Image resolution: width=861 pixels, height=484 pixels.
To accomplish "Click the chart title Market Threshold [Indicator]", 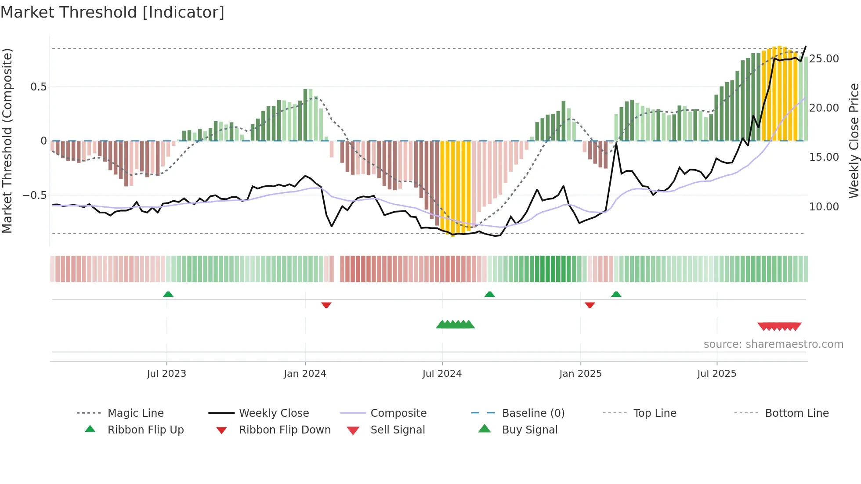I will coord(112,12).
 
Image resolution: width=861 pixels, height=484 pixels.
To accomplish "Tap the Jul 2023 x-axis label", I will coord(166,374).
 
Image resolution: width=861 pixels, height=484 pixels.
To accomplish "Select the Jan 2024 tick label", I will coord(305,374).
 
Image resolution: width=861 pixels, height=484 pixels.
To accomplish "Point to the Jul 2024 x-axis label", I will coord(442,374).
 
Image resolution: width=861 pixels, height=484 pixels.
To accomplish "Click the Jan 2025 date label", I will coord(580,374).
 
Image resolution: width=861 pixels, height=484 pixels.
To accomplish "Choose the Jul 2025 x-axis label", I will coord(716,374).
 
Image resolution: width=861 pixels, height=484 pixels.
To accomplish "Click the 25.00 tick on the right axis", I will coord(824,59).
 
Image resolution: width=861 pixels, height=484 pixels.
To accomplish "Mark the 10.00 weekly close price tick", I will coord(824,207).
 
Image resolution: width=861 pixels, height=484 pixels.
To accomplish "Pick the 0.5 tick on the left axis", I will coord(38,87).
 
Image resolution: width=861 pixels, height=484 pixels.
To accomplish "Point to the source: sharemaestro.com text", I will coord(773,344).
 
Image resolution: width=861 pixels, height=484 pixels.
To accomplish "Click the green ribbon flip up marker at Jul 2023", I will coord(168,294).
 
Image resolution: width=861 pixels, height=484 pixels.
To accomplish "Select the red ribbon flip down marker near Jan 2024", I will coord(326,305).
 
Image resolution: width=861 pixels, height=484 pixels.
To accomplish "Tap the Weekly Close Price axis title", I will coord(854,141).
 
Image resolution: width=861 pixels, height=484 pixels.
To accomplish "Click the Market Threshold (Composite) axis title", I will coord(7,141).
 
